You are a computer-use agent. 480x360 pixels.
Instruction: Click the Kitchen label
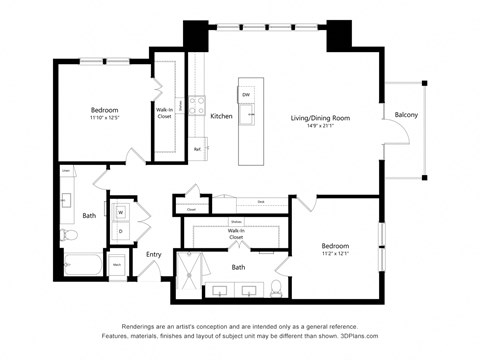(x=221, y=116)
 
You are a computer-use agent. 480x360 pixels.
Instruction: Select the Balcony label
(x=406, y=115)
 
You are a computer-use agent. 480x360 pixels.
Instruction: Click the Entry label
(x=154, y=254)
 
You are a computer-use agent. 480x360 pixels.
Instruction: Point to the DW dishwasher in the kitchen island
(x=246, y=94)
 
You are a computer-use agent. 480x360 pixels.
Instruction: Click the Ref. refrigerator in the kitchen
(x=198, y=148)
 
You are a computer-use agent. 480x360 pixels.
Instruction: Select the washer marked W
(x=120, y=211)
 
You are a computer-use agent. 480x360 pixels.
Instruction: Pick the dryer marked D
(x=120, y=231)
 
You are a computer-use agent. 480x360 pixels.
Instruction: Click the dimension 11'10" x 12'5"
(x=105, y=118)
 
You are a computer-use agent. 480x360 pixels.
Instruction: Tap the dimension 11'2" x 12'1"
(x=335, y=253)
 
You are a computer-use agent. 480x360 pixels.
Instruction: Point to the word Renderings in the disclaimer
(x=142, y=326)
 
